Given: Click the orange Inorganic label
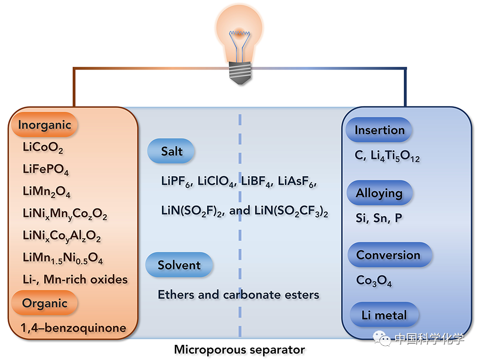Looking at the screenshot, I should click(x=45, y=125).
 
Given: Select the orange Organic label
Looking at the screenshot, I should click(x=45, y=304).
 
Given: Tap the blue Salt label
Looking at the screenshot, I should click(x=172, y=151).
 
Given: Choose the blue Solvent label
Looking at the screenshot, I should click(x=179, y=265).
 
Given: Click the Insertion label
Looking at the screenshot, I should click(x=379, y=130).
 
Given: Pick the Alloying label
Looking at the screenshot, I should click(x=379, y=193).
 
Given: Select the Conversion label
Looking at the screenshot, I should click(x=388, y=255).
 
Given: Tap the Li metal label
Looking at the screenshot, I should click(x=384, y=315).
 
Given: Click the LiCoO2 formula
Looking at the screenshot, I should click(x=43, y=148).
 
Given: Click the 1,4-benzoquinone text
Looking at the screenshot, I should click(x=74, y=328).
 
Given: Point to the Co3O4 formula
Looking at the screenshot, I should click(x=374, y=280).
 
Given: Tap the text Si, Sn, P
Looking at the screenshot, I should click(x=379, y=218).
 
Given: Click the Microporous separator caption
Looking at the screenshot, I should click(x=239, y=350).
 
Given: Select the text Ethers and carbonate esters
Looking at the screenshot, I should click(x=238, y=294).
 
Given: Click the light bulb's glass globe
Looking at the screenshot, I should click(x=240, y=30).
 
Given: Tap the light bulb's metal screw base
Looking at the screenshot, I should click(x=240, y=73).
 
